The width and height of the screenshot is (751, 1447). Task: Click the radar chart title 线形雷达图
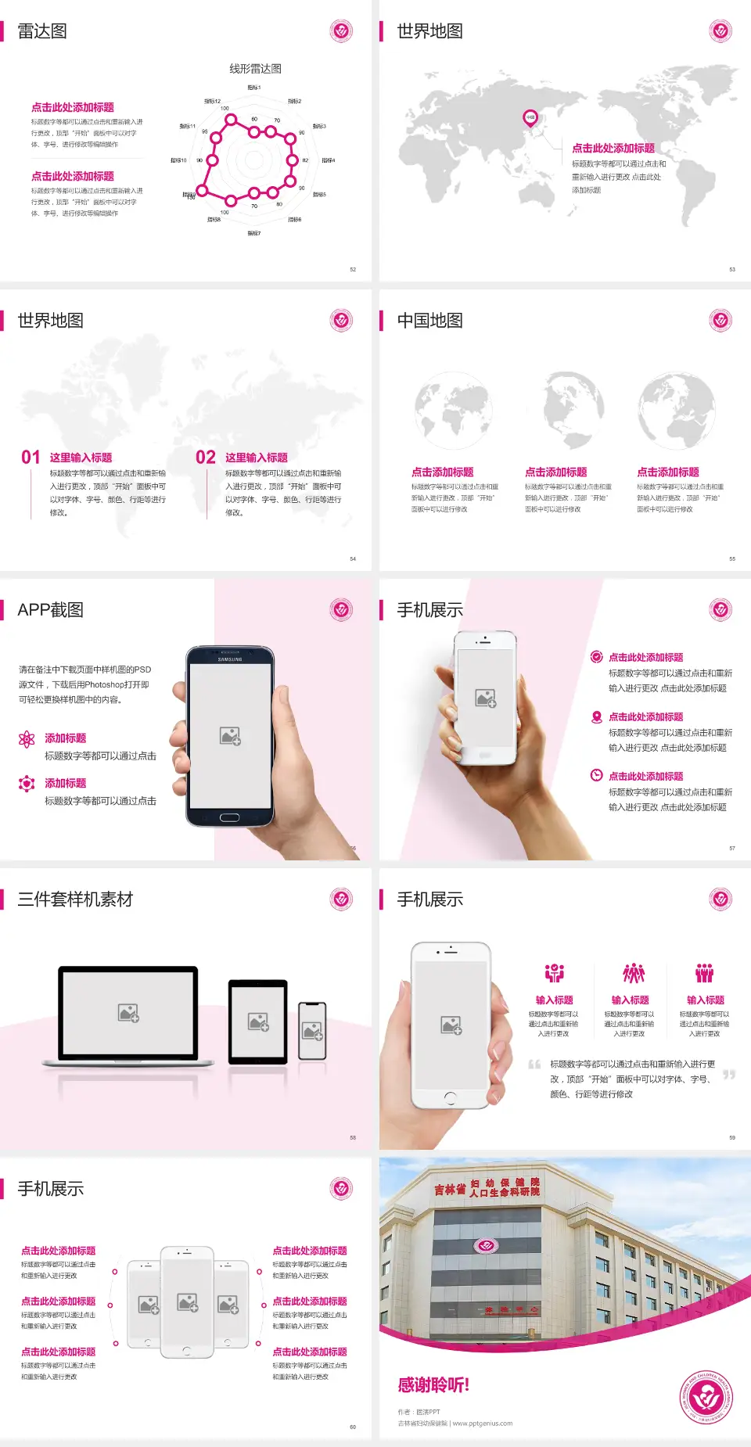(255, 69)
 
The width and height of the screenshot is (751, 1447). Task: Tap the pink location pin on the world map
(530, 117)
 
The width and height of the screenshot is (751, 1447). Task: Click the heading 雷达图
(42, 31)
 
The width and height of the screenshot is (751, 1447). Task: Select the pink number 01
(31, 458)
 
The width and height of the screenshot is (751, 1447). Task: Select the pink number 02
(206, 458)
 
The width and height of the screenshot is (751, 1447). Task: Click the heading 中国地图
(429, 321)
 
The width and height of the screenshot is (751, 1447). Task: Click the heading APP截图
(50, 610)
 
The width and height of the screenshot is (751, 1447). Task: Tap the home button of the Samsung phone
(229, 817)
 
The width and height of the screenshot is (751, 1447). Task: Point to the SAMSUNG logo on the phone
(230, 659)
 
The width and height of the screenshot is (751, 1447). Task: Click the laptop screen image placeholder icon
(128, 1013)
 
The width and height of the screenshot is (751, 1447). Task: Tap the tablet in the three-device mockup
(258, 1022)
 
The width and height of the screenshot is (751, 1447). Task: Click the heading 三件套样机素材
(75, 899)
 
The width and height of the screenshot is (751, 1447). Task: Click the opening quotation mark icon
(534, 1064)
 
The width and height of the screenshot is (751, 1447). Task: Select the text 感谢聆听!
(433, 1385)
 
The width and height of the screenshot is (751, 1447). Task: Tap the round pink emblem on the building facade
(486, 1245)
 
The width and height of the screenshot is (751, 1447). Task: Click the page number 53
(732, 269)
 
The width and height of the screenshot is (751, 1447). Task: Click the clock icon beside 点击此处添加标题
(596, 775)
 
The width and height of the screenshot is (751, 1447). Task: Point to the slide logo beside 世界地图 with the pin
(720, 31)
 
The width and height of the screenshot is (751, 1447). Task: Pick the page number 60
(353, 1427)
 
